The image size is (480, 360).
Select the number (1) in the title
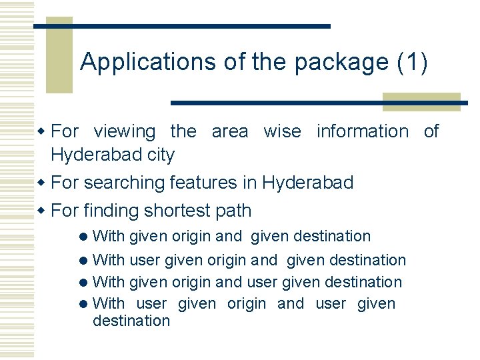pos(412,62)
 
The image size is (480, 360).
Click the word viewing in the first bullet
pos(125,131)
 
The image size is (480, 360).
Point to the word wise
pos(282,131)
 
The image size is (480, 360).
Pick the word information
pos(362,131)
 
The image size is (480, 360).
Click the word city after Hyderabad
pos(161,155)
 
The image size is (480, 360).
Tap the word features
pos(203,183)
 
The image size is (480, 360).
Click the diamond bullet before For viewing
pos(41,131)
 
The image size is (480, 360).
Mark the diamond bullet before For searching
pos(41,183)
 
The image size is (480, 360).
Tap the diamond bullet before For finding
pos(41,211)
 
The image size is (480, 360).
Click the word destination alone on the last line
pos(131,321)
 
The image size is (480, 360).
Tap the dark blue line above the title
pos(182,26)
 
